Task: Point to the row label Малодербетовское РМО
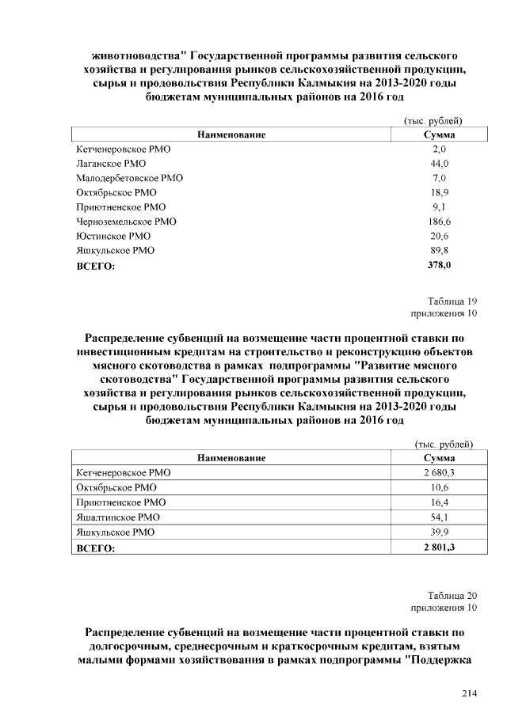click(x=129, y=178)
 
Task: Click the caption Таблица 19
click(x=452, y=301)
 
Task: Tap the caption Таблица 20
click(x=452, y=595)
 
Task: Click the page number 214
click(x=470, y=694)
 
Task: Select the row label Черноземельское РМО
click(x=126, y=222)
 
